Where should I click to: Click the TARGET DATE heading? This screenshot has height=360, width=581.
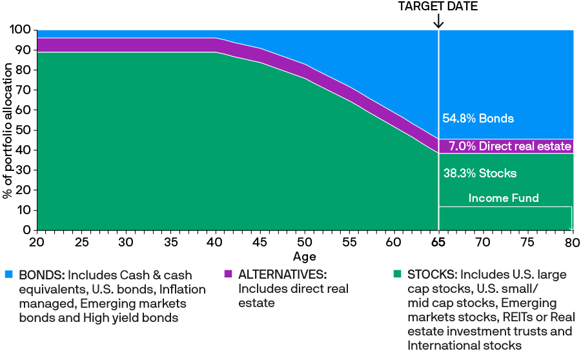(439, 6)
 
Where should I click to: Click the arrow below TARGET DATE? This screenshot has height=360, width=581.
(439, 21)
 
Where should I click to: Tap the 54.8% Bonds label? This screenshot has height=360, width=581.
(478, 119)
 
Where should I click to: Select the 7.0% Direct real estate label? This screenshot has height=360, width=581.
(510, 146)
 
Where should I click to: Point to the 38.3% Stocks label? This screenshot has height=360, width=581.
(480, 174)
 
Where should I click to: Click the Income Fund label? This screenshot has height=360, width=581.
(504, 198)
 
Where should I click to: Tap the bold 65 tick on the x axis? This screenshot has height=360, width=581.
(439, 243)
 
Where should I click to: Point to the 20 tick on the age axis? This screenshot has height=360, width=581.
(37, 243)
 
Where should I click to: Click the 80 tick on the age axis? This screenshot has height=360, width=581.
(572, 243)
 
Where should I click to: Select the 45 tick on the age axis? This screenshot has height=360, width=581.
(260, 243)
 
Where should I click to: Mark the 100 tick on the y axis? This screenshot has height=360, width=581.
(21, 30)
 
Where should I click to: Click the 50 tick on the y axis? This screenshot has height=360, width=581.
(25, 130)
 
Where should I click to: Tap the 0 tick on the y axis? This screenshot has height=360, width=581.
(28, 230)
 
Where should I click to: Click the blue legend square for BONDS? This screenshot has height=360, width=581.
(9, 274)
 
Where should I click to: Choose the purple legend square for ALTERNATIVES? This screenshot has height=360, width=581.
(228, 274)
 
